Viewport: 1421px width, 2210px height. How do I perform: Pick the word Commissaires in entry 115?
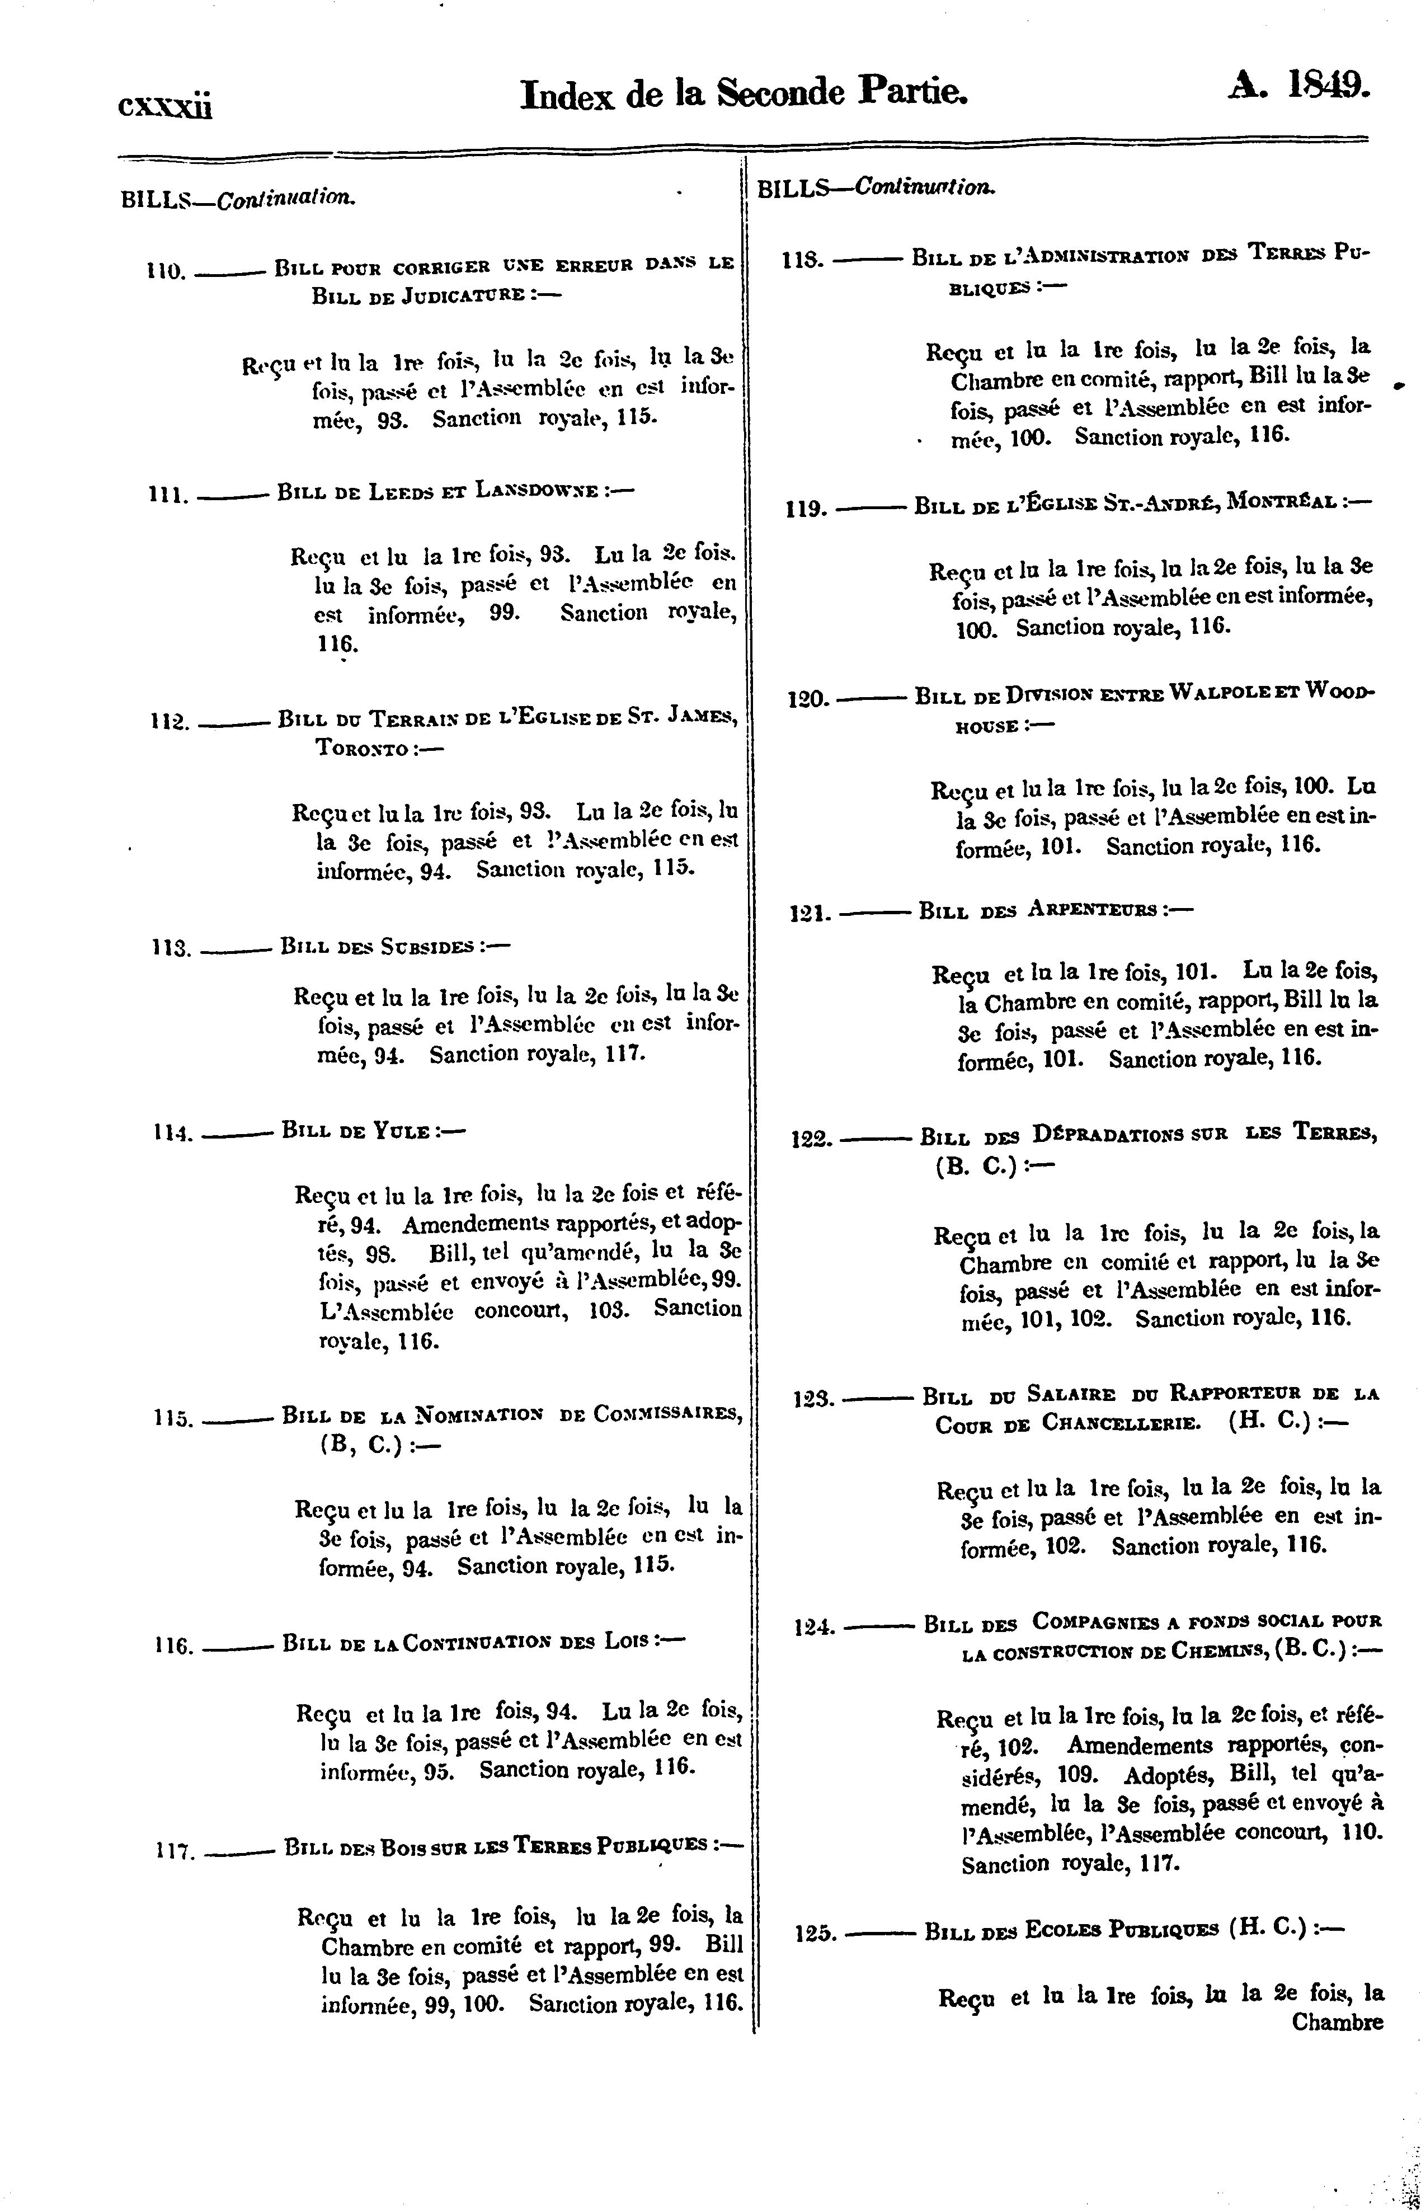click(x=667, y=1414)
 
